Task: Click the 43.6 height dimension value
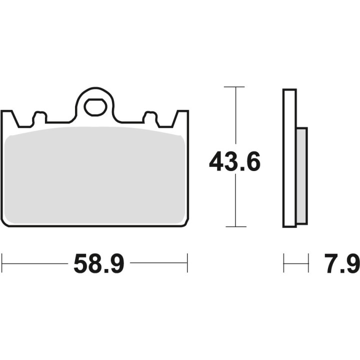click(x=234, y=161)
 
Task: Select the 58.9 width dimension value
click(x=99, y=263)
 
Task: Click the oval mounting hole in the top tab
click(x=95, y=107)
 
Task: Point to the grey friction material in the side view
click(x=302, y=175)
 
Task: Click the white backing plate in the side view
click(x=289, y=158)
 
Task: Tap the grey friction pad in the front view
click(x=94, y=175)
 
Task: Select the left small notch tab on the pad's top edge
click(x=40, y=117)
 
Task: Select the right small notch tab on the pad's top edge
click(x=150, y=117)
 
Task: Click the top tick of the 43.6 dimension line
click(x=234, y=87)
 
